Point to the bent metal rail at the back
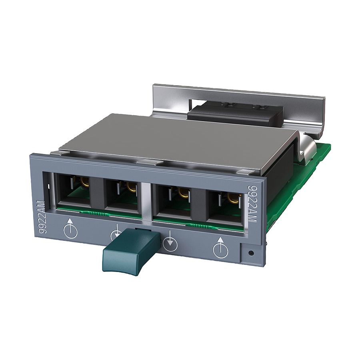point(240,96)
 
